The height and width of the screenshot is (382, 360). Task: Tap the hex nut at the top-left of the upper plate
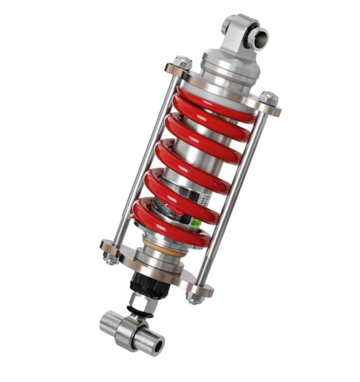coord(182,63)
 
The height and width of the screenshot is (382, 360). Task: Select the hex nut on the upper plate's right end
coord(269,98)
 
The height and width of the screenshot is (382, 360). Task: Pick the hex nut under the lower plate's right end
coord(194,297)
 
